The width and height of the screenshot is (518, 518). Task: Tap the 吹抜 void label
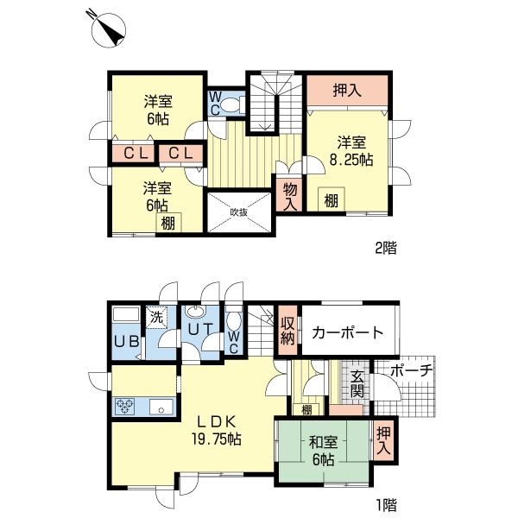click(237, 212)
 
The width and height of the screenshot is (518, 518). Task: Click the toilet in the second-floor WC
click(231, 105)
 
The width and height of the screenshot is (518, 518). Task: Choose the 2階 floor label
click(385, 248)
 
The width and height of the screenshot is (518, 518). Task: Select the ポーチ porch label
click(411, 371)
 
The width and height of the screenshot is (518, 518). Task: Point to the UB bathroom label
click(126, 340)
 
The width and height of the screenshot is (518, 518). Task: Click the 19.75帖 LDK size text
click(216, 439)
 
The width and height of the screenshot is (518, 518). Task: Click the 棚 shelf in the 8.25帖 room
click(331, 201)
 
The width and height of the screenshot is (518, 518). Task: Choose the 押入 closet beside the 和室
click(383, 441)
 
